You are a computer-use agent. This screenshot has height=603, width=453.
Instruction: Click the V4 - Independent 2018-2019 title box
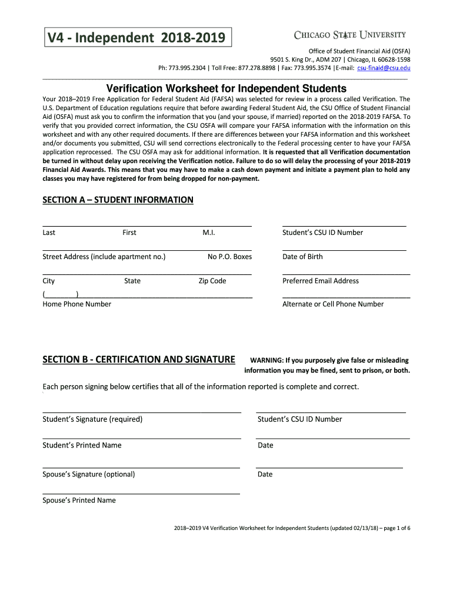tap(136, 38)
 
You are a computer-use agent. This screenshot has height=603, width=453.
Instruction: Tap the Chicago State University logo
tap(349, 35)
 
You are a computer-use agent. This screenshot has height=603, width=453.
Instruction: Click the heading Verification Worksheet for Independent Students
tap(226, 88)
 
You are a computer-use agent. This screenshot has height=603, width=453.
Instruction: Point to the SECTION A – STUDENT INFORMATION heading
tap(118, 200)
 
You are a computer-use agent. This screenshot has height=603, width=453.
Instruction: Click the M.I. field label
tap(209, 233)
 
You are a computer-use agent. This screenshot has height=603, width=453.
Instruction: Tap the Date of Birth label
tap(302, 257)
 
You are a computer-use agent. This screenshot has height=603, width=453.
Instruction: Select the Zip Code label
tap(212, 281)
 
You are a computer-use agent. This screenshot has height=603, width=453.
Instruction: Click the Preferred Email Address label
tap(321, 281)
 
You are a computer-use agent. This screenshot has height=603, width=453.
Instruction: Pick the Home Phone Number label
tap(76, 304)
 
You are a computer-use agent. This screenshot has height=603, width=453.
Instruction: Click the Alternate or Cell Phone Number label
tap(333, 304)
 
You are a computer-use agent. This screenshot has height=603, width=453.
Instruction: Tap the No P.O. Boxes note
tap(229, 257)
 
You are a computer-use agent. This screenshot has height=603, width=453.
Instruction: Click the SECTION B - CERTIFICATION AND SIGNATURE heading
tap(139, 359)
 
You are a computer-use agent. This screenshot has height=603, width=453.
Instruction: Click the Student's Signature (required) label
tap(92, 419)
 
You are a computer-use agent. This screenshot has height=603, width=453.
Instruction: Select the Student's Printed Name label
tap(82, 445)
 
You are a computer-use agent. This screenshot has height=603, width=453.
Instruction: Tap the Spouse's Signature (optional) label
tap(88, 474)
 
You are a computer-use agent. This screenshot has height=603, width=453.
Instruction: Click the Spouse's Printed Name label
tap(79, 501)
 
